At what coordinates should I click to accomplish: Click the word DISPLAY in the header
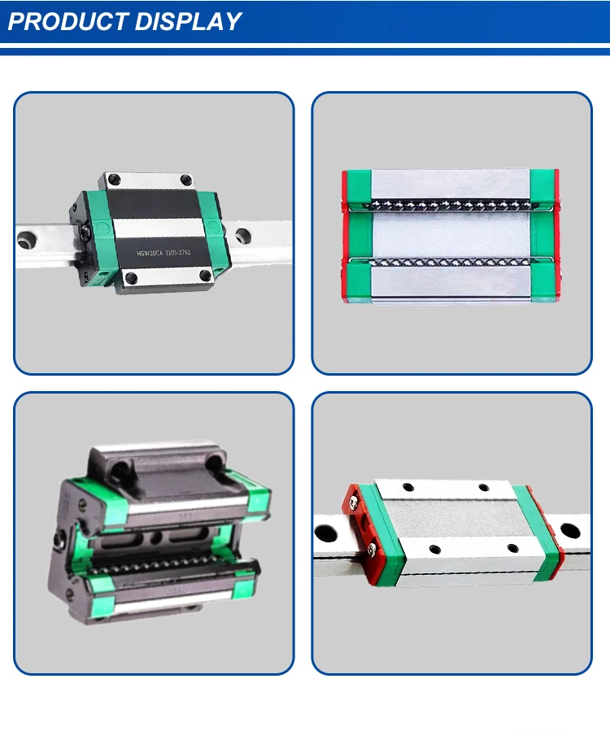[188, 21]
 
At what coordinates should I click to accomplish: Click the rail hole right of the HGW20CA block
[242, 236]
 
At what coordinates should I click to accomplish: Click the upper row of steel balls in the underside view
[451, 202]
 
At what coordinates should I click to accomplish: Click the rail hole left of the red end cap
[326, 534]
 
